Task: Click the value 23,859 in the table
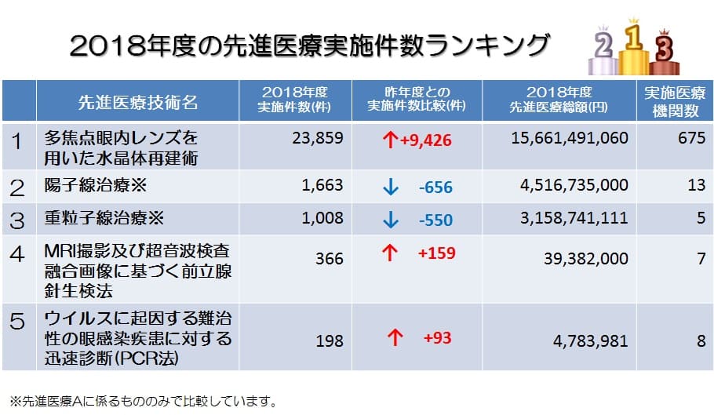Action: [312, 139]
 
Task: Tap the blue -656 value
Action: [435, 187]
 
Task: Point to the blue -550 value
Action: [435, 220]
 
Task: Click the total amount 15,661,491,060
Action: [569, 139]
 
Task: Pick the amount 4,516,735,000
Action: [574, 186]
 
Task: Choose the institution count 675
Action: [690, 139]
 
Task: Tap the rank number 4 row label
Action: [17, 254]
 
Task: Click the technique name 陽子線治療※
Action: [97, 187]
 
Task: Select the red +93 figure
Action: [437, 338]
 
